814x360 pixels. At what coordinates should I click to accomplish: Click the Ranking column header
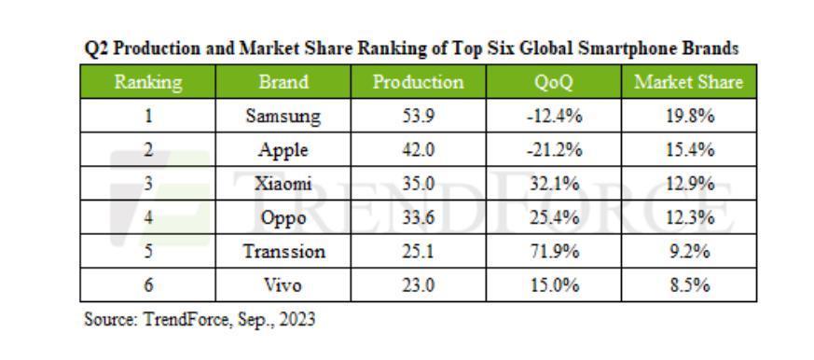[148, 82]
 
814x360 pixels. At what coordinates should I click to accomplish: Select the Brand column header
[283, 82]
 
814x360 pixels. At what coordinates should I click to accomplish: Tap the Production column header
[418, 82]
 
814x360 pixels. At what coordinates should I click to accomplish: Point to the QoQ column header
[553, 82]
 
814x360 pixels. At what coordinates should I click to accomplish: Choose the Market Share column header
[688, 82]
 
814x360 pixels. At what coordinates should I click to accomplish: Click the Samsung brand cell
[283, 117]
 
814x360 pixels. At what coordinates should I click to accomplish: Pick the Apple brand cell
[283, 150]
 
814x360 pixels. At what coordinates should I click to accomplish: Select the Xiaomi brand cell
[283, 184]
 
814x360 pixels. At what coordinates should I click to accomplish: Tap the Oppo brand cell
[283, 218]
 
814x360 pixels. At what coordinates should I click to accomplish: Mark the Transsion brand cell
[283, 252]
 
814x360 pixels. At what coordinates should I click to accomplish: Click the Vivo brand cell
[283, 285]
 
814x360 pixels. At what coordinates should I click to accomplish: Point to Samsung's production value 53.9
[418, 117]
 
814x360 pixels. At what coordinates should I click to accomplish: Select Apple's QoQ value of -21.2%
[553, 150]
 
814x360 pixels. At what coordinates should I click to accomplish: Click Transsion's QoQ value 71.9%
[553, 252]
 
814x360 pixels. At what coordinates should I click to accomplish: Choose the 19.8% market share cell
[688, 117]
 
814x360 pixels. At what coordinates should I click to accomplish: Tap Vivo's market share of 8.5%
[688, 285]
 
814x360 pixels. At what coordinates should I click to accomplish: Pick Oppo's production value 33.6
[418, 218]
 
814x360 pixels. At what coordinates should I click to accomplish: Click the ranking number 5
[148, 252]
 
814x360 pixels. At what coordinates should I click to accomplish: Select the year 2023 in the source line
[297, 319]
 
